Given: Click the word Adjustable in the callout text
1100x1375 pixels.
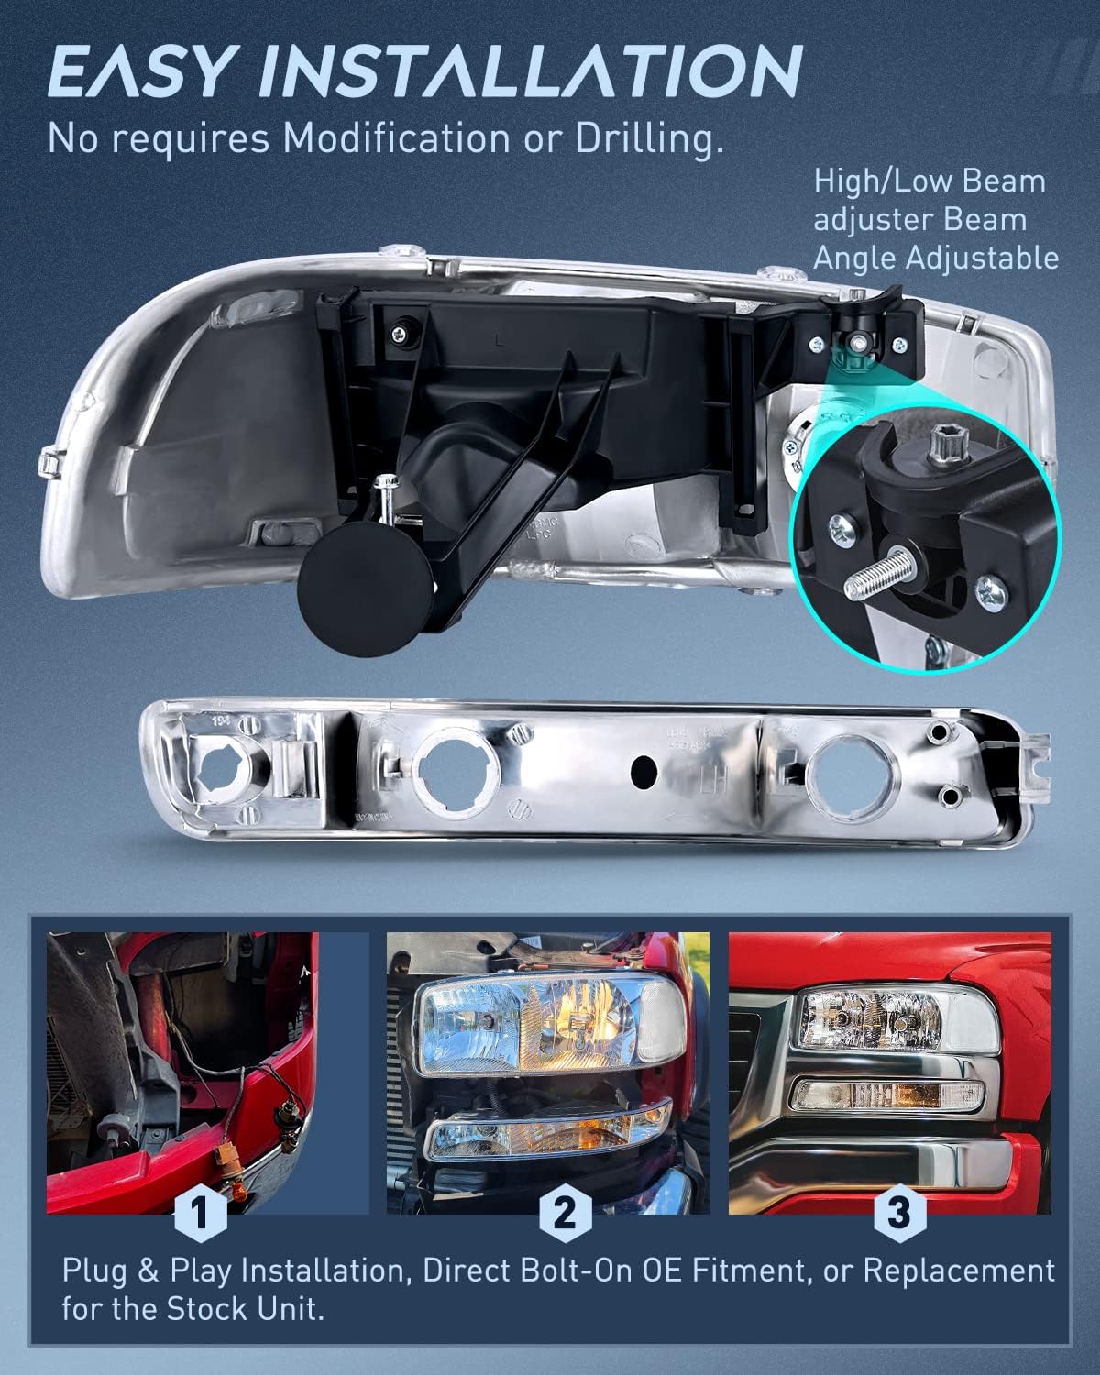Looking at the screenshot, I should pyautogui.click(x=981, y=258).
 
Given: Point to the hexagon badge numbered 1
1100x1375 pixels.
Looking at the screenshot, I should pyautogui.click(x=199, y=1213).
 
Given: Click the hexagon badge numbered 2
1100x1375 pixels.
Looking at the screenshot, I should pyautogui.click(x=564, y=1213).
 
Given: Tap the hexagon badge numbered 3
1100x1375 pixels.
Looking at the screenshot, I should pyautogui.click(x=897, y=1213).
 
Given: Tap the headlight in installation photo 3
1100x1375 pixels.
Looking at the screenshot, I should pyautogui.click(x=871, y=1017).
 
